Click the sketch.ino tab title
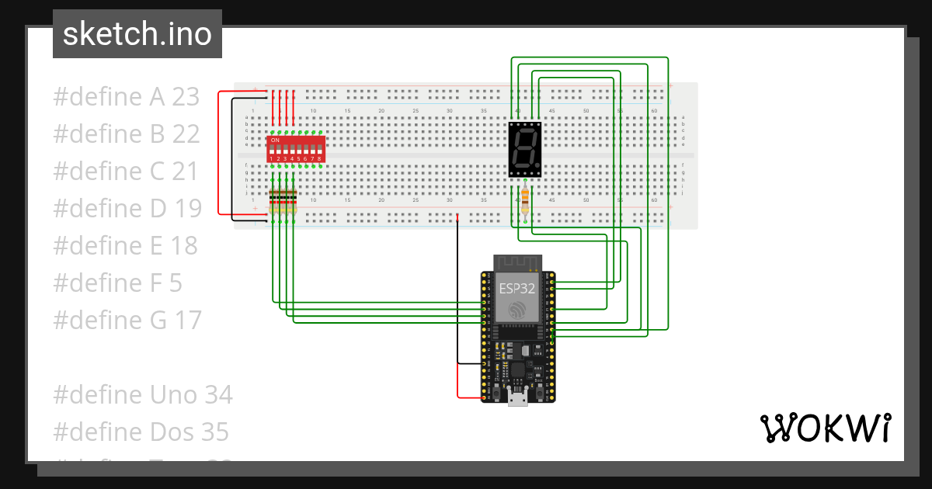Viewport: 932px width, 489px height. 137,34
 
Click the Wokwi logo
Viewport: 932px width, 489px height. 824,428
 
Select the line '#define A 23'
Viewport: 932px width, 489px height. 127,97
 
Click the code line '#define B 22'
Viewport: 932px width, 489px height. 127,134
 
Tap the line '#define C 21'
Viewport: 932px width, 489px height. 126,172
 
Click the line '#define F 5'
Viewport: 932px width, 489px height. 117,283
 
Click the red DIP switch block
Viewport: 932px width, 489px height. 295,148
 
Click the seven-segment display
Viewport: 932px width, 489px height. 524,149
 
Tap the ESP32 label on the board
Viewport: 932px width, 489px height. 517,288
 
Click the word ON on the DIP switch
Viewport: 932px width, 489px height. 274,140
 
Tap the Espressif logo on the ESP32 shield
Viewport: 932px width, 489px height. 517,310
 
